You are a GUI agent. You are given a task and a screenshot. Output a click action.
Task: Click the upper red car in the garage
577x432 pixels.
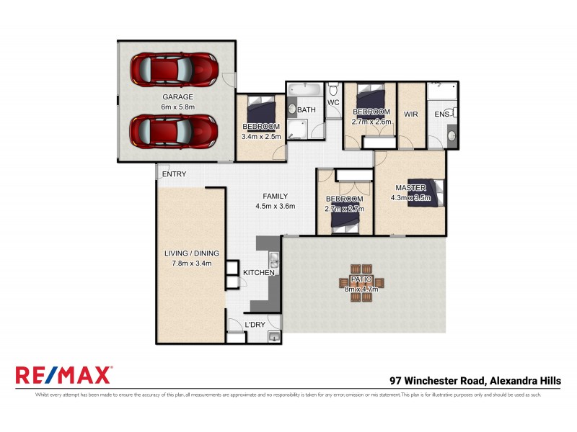(174, 70)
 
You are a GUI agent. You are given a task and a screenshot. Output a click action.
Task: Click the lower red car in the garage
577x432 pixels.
(174, 132)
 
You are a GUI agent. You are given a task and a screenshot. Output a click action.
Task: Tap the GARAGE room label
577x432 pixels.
(177, 96)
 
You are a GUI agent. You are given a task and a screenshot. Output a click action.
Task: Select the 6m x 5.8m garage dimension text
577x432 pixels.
(177, 107)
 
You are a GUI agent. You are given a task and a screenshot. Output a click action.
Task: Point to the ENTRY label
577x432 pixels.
(174, 174)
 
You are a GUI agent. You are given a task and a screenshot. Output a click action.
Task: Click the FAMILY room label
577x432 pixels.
(275, 196)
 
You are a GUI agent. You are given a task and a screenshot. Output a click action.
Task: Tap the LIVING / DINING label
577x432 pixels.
(192, 253)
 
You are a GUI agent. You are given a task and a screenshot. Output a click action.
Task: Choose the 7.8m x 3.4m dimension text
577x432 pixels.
(192, 264)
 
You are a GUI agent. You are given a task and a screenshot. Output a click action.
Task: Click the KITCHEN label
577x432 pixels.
(258, 274)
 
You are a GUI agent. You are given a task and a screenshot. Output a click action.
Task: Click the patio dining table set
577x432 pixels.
(361, 282)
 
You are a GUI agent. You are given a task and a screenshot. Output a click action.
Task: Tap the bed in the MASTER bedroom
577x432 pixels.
(426, 194)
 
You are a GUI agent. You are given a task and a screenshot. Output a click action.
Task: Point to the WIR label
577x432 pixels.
(411, 114)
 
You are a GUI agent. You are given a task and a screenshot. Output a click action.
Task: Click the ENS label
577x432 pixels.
(441, 114)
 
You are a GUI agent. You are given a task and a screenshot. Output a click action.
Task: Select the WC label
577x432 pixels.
(333, 103)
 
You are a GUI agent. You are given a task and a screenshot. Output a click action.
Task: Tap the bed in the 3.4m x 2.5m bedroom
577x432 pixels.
(260, 112)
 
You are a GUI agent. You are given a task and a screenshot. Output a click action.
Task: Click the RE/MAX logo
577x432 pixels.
(63, 375)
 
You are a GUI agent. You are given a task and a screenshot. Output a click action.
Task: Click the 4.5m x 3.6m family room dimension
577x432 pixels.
(275, 207)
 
